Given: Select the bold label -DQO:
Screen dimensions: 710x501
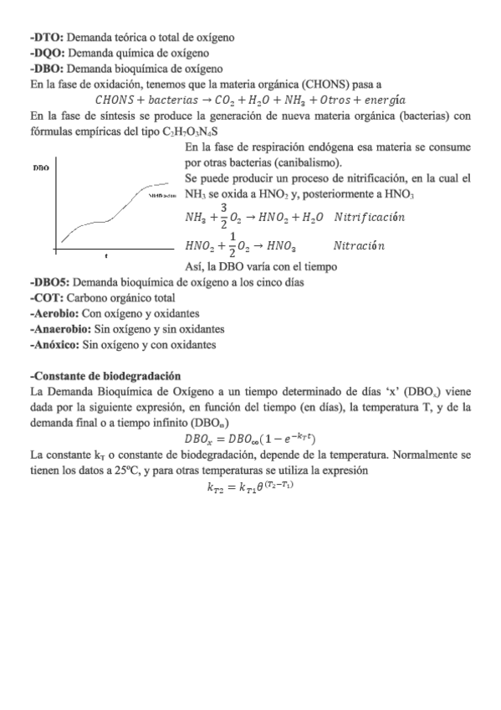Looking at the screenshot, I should coord(48,53).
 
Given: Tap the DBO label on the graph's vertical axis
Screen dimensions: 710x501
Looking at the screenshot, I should coord(39,168).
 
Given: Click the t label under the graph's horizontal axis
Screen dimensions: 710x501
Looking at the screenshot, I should coord(106,255).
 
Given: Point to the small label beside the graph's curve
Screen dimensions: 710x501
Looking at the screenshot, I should coord(162,194).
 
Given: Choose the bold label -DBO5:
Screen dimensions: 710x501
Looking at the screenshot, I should coord(50,282).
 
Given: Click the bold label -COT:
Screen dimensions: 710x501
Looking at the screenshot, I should coord(45,298).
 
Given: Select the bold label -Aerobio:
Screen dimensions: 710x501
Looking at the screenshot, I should coord(53,313).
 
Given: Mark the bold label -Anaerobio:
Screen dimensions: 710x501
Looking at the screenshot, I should coord(58,329).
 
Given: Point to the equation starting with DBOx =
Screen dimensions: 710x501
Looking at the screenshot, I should coord(249,439).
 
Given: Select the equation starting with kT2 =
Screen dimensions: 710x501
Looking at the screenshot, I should coord(249,487).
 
